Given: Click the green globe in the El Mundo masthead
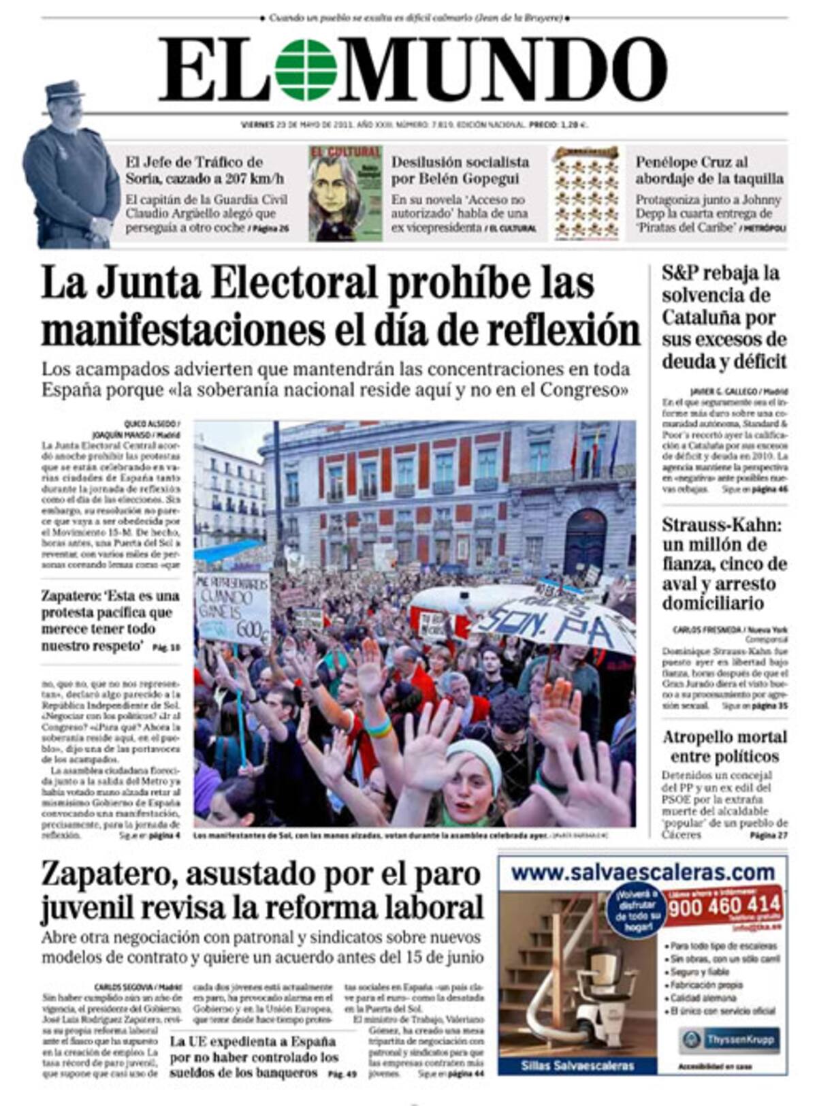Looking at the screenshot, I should [306, 69].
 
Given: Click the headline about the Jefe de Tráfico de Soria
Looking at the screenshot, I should [204, 170].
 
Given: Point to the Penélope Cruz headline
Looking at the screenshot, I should [709, 170].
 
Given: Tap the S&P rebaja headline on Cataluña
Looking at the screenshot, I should [724, 317].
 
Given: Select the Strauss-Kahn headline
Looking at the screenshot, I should [724, 564].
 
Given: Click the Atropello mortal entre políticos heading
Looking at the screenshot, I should [724, 746].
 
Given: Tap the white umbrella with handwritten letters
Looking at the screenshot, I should [555, 620].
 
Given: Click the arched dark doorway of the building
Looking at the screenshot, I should [585, 541].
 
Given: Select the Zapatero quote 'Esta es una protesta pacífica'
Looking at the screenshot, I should [109, 620].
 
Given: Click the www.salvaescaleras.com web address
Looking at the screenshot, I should [642, 872].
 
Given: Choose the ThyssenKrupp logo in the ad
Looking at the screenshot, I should [728, 1040].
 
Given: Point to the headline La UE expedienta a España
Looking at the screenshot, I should [253, 1057].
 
